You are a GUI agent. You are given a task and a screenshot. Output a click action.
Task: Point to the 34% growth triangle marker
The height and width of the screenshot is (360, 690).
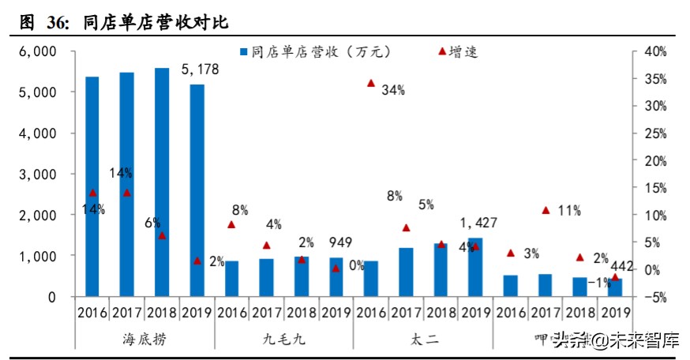pos(370,82)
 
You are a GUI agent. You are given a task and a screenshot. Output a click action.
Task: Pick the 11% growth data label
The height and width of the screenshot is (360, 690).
pos(568,211)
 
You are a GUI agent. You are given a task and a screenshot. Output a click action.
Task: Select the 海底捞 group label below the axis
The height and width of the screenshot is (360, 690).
pos(144,339)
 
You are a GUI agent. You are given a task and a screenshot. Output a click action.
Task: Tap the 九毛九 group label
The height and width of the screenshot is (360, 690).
pos(283,339)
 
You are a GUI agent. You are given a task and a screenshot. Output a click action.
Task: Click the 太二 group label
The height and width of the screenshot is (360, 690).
pos(422,339)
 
